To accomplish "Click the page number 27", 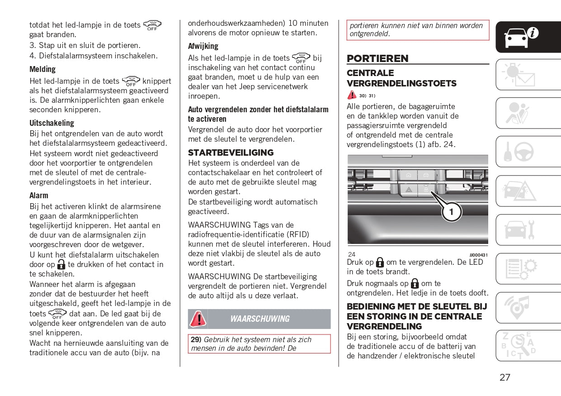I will pyautogui.click(x=505, y=377).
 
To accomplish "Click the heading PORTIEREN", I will pyautogui.click(x=377, y=58).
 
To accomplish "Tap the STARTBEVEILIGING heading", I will pyautogui.click(x=231, y=153).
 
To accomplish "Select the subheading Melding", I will pyautogui.click(x=42, y=69).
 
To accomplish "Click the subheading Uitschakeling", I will pyautogui.click(x=52, y=123).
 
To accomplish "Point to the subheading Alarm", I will pyautogui.click(x=39, y=196).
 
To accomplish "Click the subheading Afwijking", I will pyautogui.click(x=203, y=46).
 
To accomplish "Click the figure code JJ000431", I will pyautogui.click(x=479, y=255).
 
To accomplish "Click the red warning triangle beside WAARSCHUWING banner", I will pyautogui.click(x=198, y=319).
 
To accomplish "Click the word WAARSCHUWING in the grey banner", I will pyautogui.click(x=260, y=319).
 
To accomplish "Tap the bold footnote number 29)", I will pyautogui.click(x=196, y=339).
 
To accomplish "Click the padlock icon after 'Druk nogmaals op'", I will pyautogui.click(x=415, y=284).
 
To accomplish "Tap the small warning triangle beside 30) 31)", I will pyautogui.click(x=352, y=95).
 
